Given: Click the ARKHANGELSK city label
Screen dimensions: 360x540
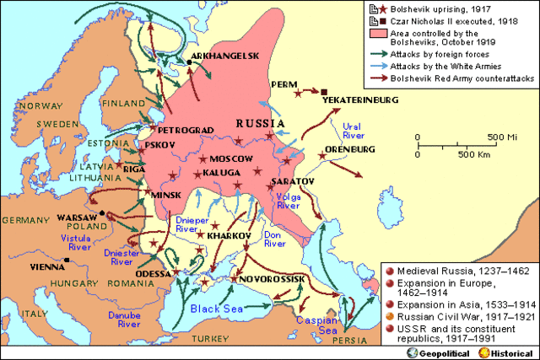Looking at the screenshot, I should [224, 56].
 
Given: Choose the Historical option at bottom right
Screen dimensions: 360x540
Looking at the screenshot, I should [505, 350].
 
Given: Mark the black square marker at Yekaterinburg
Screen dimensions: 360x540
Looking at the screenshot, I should [323, 91].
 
